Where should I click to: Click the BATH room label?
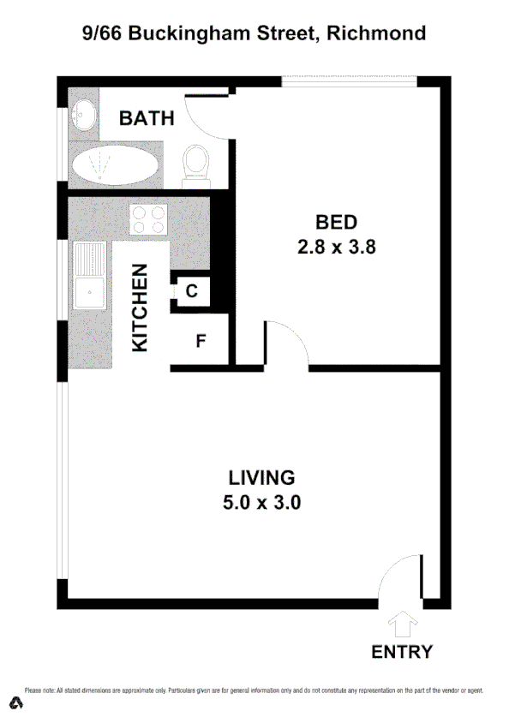point(147,118)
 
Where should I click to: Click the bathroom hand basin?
point(84,115)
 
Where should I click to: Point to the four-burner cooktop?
point(147,219)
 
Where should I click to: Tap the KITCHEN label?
point(141,307)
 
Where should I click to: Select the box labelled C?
point(191,291)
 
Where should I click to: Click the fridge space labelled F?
point(201,341)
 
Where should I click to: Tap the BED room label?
point(336,223)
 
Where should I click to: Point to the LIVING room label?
point(261,477)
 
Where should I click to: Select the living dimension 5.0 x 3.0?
point(261,503)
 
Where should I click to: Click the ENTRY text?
point(402,652)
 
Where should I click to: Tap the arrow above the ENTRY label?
point(402,621)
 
